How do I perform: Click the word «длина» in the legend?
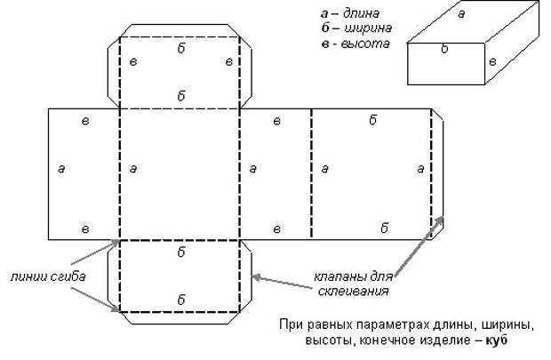click(361, 13)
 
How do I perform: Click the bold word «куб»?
click(497, 340)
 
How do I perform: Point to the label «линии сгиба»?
click(48, 276)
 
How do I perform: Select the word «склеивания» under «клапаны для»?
click(353, 292)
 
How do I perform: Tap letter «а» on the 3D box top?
click(461, 14)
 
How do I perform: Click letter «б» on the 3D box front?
click(444, 49)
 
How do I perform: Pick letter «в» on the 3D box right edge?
click(492, 62)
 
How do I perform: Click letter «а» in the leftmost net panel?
click(61, 169)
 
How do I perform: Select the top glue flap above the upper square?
click(180, 30)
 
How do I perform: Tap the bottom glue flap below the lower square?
click(180, 318)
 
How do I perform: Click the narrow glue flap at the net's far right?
click(437, 175)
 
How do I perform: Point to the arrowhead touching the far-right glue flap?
click(439, 220)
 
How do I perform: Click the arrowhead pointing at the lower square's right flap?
click(256, 277)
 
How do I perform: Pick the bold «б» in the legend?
click(325, 28)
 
